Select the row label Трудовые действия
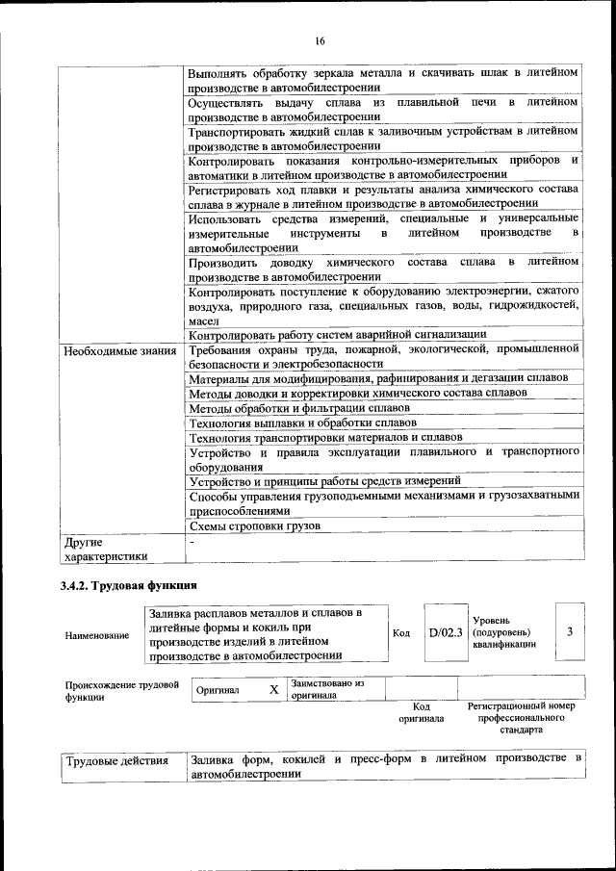[116, 760]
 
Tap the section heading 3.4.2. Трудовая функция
[129, 586]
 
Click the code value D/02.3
[447, 632]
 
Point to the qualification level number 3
[570, 631]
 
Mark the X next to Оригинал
[274, 690]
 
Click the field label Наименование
[97, 636]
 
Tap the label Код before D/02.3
[402, 632]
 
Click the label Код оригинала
[422, 712]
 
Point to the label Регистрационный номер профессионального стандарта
[521, 718]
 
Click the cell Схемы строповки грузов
[254, 525]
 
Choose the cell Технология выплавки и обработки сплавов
[302, 423]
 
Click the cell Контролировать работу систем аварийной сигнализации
[337, 335]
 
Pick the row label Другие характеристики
[105, 549]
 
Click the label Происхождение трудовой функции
[121, 691]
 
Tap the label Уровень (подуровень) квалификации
[504, 632]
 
